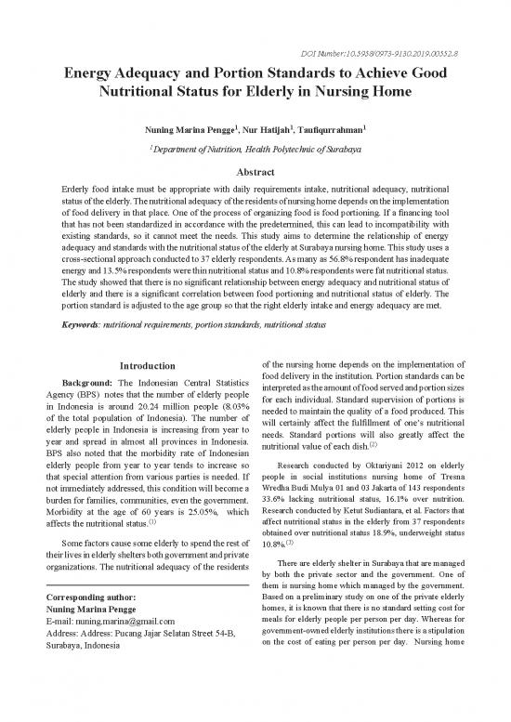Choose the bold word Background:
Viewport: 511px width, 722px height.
coord(87,384)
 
